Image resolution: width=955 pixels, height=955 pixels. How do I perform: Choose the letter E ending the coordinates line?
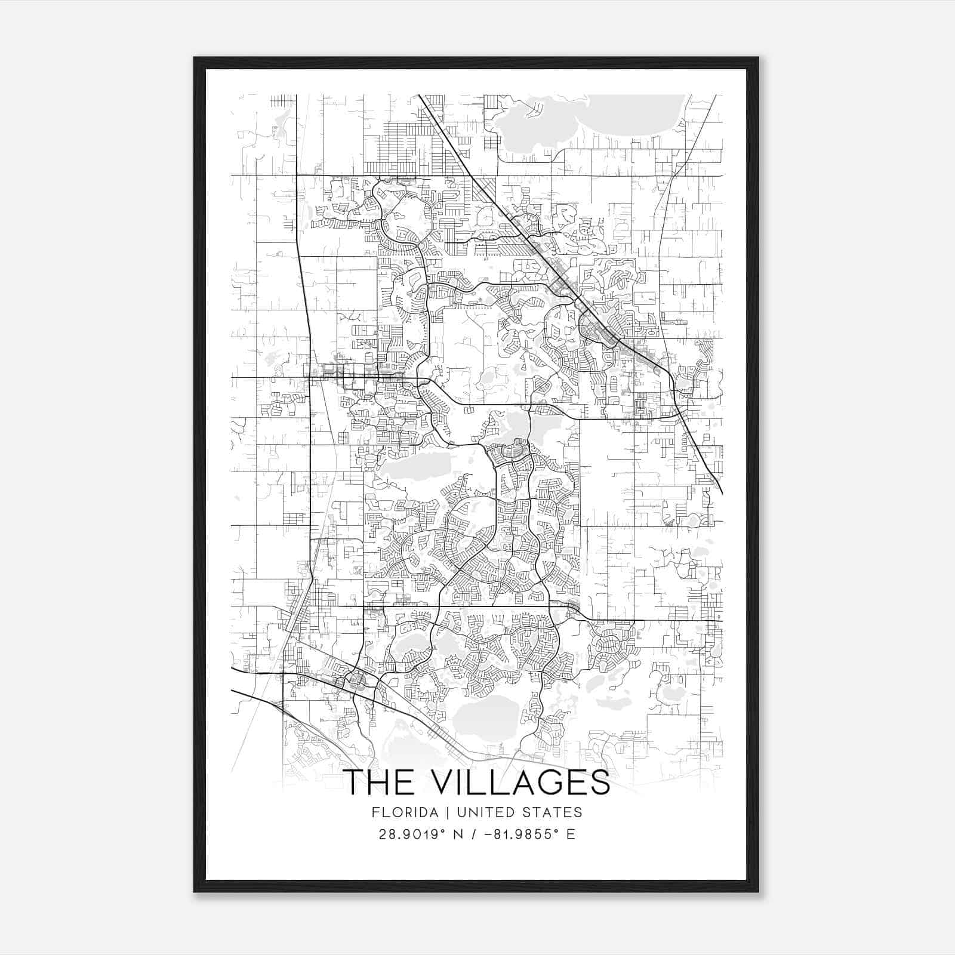(571, 834)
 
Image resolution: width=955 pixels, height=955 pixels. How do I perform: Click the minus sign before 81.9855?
(489, 834)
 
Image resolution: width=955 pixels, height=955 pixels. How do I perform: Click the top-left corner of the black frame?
(195, 58)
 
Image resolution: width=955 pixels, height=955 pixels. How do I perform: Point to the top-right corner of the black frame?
(757, 58)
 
